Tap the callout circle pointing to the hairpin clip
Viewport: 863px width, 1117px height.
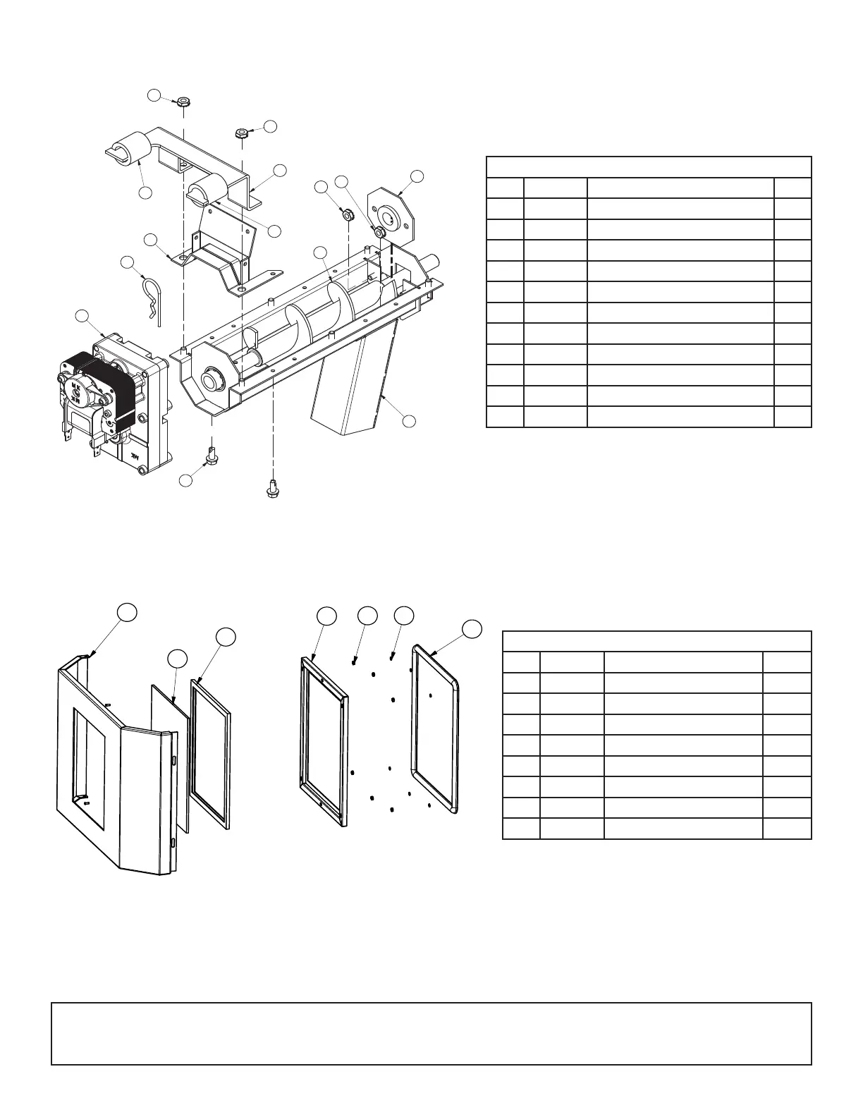point(128,262)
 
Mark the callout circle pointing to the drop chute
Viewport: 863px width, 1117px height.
point(409,421)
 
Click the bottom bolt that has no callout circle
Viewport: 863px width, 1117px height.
point(272,487)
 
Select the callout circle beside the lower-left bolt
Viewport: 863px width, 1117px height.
point(185,480)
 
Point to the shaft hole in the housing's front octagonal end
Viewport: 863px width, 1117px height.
point(210,382)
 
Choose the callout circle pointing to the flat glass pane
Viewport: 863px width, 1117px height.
point(177,659)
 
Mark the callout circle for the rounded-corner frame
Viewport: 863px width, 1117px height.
point(472,628)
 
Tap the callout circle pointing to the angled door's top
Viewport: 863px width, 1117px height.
point(126,612)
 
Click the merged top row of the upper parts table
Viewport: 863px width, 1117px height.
point(649,167)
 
